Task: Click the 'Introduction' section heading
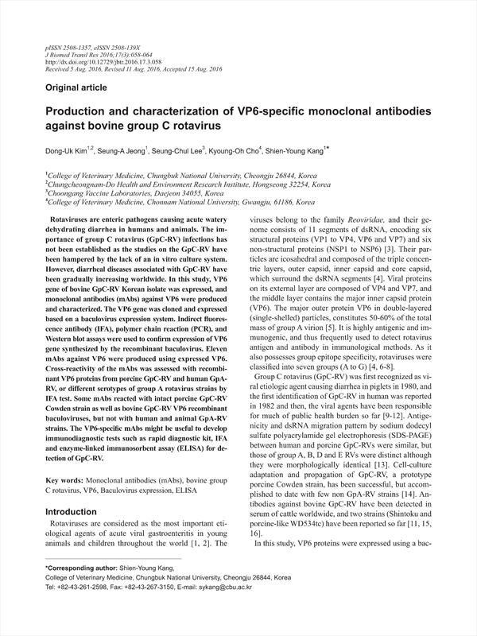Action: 77,490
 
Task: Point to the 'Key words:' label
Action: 64,460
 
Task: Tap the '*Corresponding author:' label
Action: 79,568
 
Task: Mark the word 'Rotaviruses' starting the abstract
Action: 71,216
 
